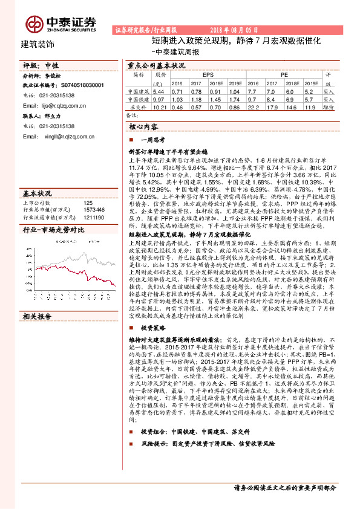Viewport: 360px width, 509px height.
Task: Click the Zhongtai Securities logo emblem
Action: (34, 23)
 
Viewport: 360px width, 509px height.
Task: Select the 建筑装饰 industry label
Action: (37, 44)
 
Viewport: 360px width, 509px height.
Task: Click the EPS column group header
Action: (208, 73)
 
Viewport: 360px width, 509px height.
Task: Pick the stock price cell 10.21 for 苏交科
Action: (159, 106)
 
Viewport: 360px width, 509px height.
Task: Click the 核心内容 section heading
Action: (143, 128)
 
